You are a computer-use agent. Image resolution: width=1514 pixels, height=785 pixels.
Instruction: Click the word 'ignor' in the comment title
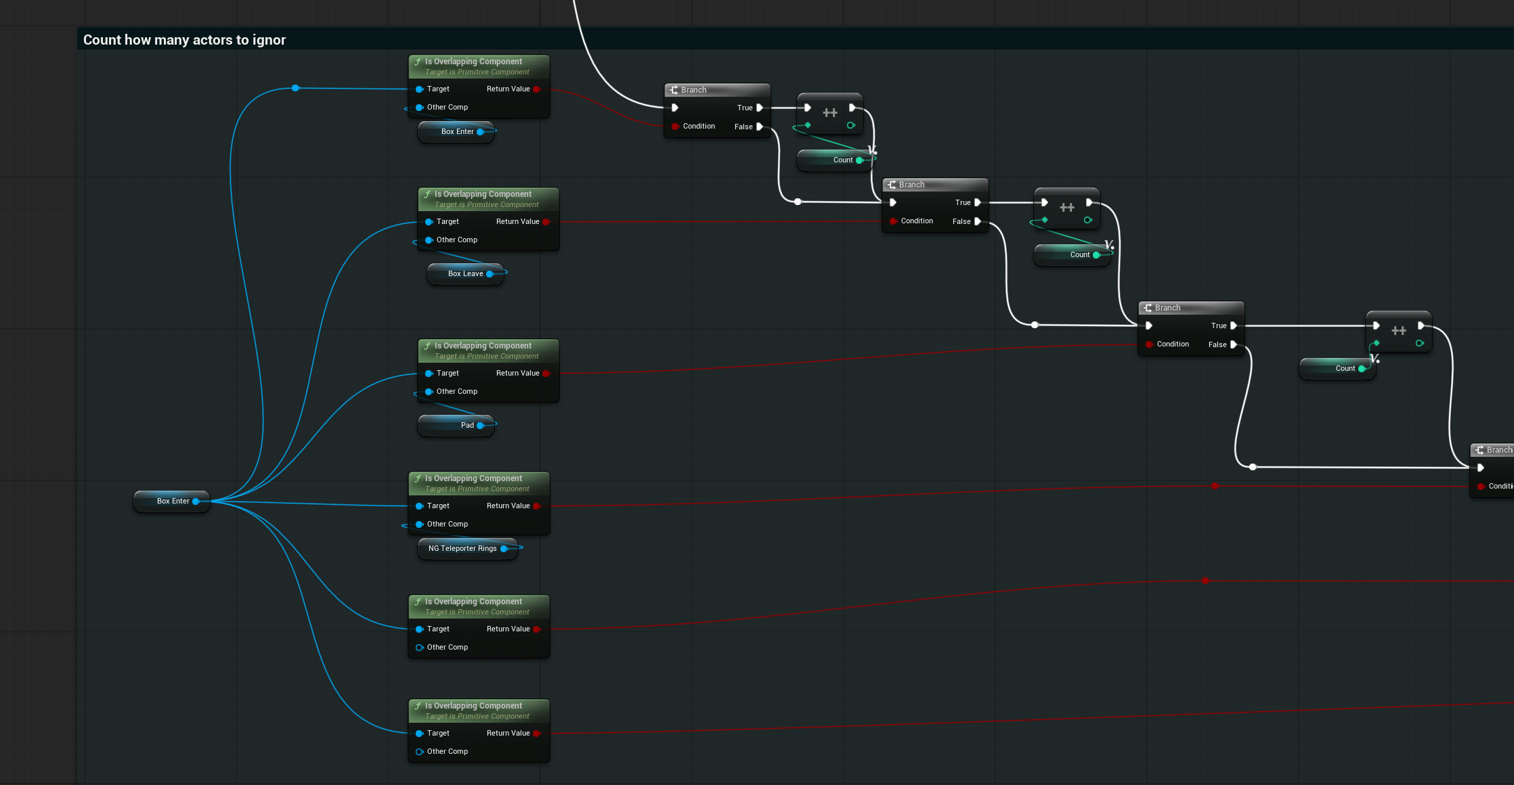point(269,40)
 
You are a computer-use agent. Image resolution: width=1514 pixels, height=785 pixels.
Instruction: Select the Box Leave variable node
point(466,273)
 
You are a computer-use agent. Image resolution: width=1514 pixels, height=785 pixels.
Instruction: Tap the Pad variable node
point(456,425)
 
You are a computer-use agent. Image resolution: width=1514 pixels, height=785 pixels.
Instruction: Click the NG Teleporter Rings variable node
point(468,548)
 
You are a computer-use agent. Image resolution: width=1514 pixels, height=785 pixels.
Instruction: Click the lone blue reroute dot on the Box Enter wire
point(295,88)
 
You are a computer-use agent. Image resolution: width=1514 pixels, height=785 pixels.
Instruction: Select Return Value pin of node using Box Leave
point(546,221)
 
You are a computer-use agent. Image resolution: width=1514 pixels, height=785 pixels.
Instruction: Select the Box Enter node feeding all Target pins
point(172,501)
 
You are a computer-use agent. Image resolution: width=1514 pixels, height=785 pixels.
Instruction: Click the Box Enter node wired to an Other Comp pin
point(456,131)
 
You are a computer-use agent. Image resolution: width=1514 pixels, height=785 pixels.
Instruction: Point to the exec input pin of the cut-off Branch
point(1481,468)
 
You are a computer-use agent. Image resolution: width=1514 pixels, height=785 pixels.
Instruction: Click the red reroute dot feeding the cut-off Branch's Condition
point(1215,486)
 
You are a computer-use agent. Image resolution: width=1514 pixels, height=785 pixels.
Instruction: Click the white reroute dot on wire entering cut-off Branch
point(1253,467)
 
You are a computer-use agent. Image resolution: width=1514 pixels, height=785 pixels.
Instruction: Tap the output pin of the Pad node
point(480,425)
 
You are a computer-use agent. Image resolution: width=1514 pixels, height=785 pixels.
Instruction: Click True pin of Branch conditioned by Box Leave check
point(977,202)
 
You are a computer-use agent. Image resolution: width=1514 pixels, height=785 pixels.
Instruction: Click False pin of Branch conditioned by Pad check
point(1233,344)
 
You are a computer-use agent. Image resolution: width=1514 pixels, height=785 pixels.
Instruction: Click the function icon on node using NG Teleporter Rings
point(418,478)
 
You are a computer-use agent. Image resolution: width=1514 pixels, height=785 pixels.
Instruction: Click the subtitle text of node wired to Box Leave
point(487,204)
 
